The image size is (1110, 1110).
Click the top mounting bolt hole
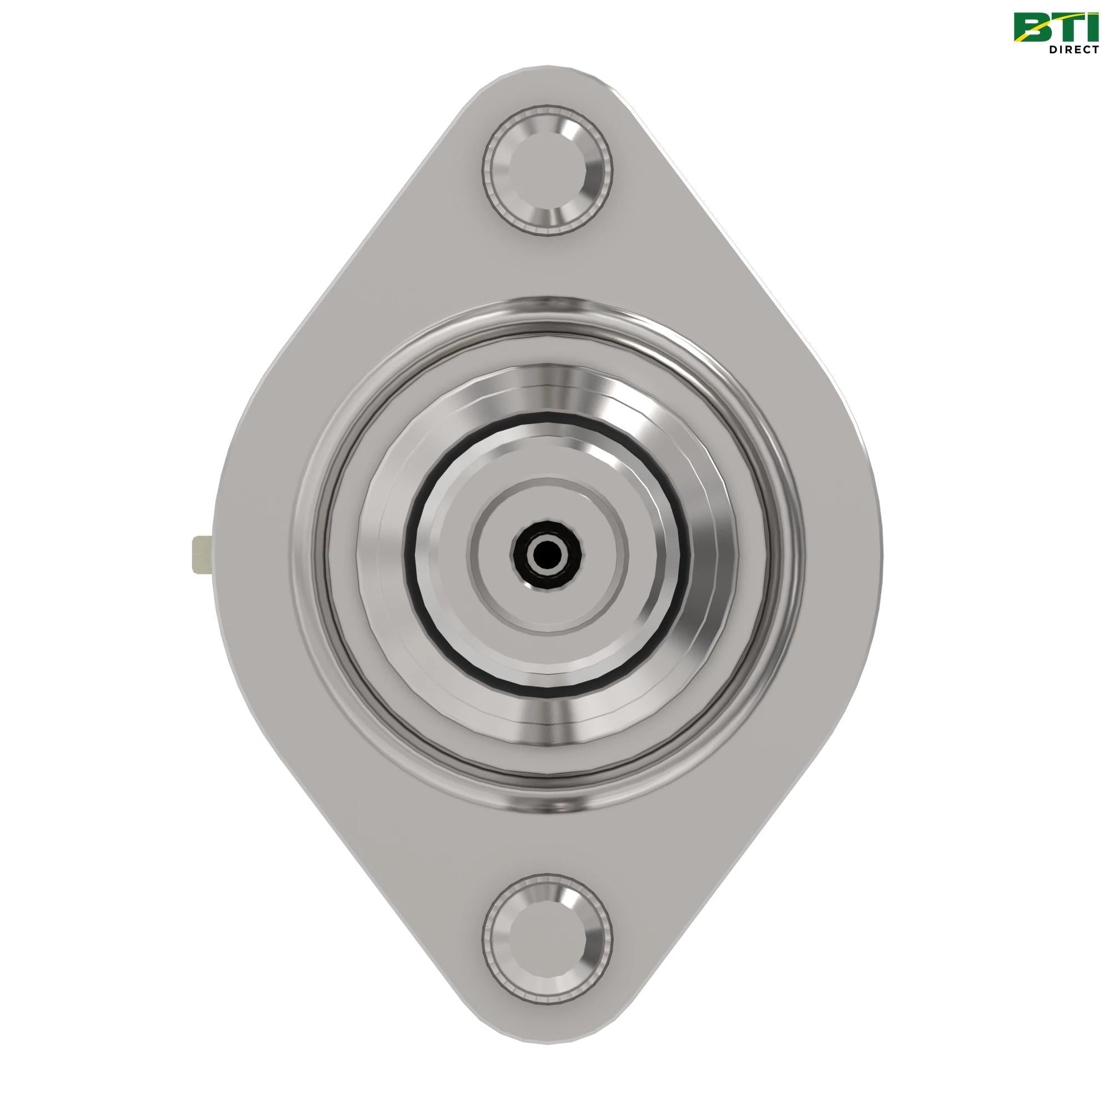(547, 170)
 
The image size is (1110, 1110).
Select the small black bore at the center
(546, 554)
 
